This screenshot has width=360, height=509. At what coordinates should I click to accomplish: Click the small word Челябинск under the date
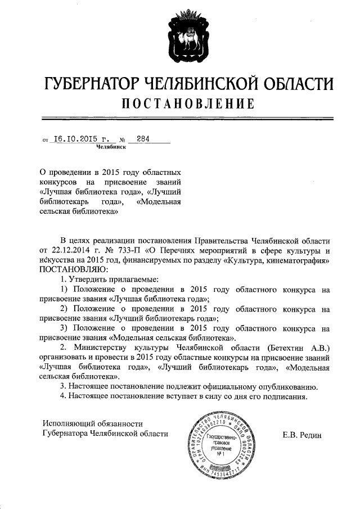(111, 147)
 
